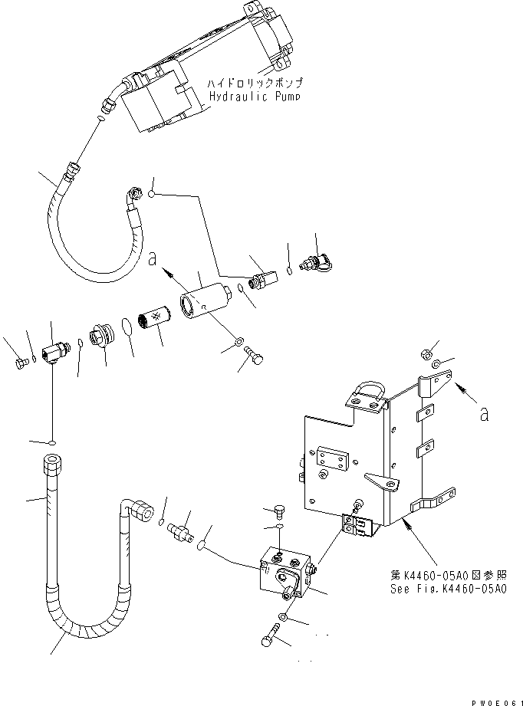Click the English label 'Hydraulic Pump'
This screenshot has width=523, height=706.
[x=254, y=97]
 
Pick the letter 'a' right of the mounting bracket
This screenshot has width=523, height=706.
[x=482, y=413]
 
